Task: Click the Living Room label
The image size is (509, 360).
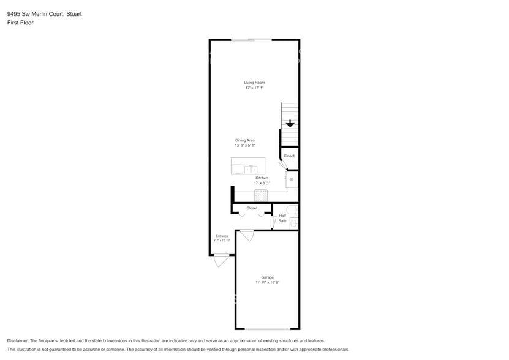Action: [x=254, y=83]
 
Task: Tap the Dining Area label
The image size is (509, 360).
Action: [x=244, y=140]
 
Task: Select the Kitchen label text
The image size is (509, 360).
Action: [x=262, y=178]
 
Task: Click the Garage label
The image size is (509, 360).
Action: [x=267, y=277]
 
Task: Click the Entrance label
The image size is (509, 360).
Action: [x=222, y=236]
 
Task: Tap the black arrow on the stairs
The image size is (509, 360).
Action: [x=290, y=124]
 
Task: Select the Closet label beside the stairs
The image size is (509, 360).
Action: [x=289, y=156]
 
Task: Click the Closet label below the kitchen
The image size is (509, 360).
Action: [x=252, y=208]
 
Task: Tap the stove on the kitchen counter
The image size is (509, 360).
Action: [x=262, y=196]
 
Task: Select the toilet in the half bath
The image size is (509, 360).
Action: [x=293, y=210]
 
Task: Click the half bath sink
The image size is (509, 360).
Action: [x=293, y=224]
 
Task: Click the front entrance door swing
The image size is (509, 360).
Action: [x=222, y=261]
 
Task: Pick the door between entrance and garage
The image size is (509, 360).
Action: [x=246, y=234]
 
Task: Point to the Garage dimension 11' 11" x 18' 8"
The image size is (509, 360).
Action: [x=267, y=283]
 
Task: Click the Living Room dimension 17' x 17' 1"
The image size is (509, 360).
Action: [x=254, y=88]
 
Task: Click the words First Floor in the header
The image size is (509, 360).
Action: [x=20, y=23]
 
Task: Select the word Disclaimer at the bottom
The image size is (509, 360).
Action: [x=18, y=340]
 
